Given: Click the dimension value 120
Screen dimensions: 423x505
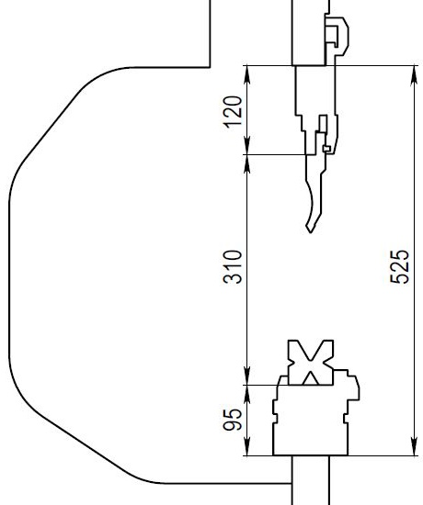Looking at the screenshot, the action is click(x=233, y=112).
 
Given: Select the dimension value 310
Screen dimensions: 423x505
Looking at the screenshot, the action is click(x=233, y=266).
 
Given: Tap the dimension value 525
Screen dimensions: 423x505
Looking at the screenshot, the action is click(x=400, y=266).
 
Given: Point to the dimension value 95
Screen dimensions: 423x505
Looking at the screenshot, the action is click(x=233, y=419).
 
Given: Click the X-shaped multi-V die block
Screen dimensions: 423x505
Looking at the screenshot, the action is click(x=310, y=363).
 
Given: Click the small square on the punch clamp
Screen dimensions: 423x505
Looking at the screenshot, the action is click(x=326, y=149).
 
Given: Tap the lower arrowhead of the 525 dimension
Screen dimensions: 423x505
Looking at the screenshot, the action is click(x=415, y=445).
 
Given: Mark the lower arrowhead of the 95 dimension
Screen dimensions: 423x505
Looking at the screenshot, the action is click(x=246, y=445).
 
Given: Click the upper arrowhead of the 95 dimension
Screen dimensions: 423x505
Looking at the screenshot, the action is click(x=246, y=396).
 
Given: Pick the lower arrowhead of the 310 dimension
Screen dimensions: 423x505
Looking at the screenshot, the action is click(x=246, y=375).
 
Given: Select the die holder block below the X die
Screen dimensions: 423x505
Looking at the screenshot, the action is click(x=312, y=419).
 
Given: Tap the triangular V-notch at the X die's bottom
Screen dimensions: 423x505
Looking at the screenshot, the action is click(x=311, y=379).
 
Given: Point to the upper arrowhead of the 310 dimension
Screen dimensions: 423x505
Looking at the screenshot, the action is click(x=246, y=165).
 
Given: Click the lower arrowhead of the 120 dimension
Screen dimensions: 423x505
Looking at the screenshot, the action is click(x=246, y=144).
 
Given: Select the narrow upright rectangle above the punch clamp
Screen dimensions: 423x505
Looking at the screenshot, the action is click(x=323, y=123).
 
